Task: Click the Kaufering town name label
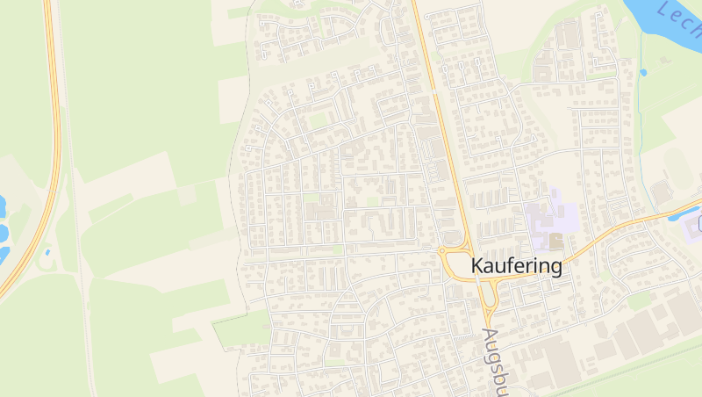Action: coord(516,265)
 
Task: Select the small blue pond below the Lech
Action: coord(643,72)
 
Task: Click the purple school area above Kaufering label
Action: coord(551,216)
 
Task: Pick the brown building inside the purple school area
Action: coord(555,239)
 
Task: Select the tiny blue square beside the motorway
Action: coord(47,252)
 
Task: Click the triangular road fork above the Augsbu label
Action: coord(489,302)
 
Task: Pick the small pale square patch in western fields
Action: coord(186,194)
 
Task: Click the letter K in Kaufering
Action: coord(478,265)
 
